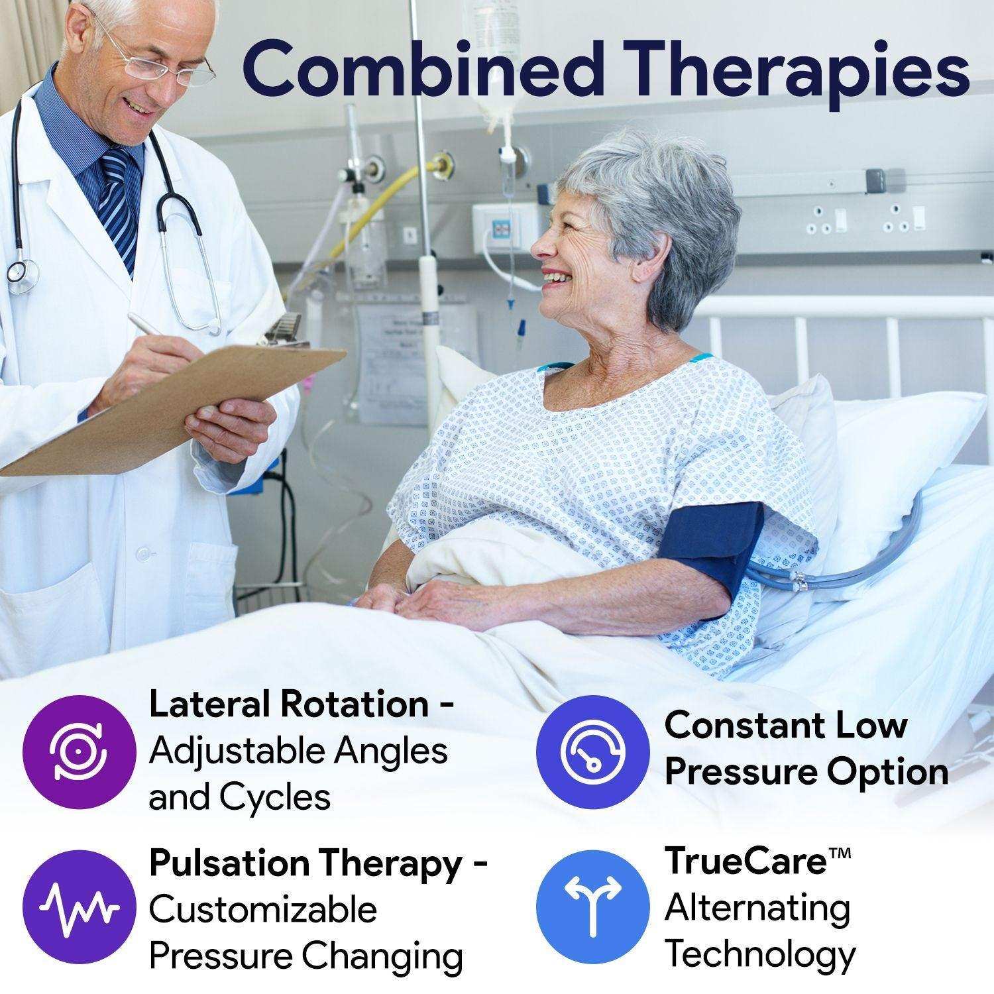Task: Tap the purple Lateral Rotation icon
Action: click(x=75, y=751)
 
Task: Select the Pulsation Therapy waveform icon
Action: click(x=75, y=906)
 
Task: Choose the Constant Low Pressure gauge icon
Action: click(x=591, y=751)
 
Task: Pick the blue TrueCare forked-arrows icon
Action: click(x=591, y=906)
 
